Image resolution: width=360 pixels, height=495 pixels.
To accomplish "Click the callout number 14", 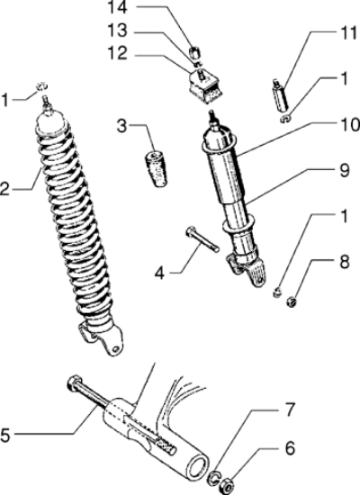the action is click(118, 8).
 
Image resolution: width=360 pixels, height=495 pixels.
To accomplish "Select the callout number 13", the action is click(118, 31).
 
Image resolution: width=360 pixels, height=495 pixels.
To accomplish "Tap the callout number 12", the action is click(118, 53).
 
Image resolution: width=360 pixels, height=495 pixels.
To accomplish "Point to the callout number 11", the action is click(348, 33).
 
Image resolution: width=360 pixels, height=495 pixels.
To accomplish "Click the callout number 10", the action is click(350, 125).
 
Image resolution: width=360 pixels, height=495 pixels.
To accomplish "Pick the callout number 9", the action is click(344, 170).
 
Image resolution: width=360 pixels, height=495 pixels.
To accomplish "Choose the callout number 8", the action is click(344, 262).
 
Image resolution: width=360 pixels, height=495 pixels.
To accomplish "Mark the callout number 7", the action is click(289, 410).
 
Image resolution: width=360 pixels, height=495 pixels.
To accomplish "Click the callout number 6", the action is click(290, 448).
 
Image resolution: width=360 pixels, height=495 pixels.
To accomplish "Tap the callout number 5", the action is click(5, 435).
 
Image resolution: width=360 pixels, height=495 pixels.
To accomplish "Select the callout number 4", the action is click(160, 273).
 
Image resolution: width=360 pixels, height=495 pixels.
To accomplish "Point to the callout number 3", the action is click(121, 126).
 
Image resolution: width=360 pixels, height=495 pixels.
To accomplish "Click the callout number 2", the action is click(4, 189).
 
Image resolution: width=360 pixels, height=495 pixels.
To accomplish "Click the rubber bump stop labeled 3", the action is click(156, 169).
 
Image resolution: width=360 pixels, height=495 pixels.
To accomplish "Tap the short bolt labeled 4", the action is click(202, 239).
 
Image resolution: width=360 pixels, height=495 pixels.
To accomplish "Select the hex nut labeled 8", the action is click(292, 302).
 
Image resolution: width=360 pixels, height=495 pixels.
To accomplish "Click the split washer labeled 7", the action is click(214, 477).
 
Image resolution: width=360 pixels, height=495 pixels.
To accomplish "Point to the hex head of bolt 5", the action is click(75, 382).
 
